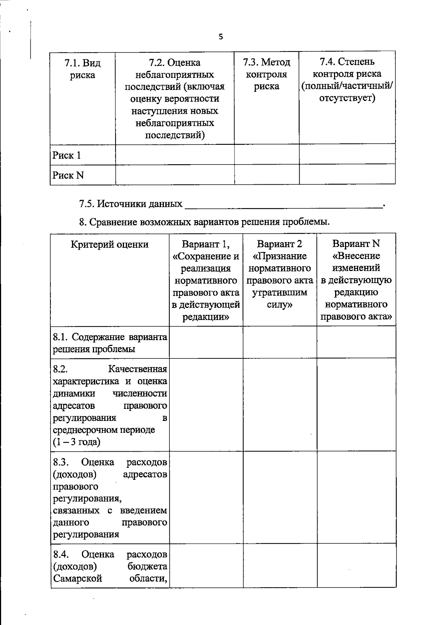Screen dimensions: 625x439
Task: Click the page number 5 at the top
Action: (221, 37)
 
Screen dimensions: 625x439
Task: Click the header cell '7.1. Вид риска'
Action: (82, 69)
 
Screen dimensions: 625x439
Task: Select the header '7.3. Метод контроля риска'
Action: (266, 74)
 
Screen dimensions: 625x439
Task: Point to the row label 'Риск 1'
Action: (67, 155)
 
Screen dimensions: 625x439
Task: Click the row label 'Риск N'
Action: (68, 176)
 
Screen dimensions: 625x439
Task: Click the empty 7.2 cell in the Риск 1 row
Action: (175, 155)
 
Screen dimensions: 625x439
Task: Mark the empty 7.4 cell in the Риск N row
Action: (347, 174)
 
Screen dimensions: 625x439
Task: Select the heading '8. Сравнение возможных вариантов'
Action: (205, 222)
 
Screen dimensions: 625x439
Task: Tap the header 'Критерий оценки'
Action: (110, 244)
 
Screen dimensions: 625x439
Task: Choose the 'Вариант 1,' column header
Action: (206, 244)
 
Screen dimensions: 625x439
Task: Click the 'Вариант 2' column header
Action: (279, 244)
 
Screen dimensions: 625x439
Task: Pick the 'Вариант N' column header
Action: (356, 244)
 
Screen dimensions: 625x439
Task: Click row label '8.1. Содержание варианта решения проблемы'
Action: (110, 343)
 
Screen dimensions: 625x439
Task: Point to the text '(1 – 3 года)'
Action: (76, 442)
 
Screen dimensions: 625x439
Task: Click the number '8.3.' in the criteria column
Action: (61, 463)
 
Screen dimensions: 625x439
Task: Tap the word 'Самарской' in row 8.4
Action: (77, 579)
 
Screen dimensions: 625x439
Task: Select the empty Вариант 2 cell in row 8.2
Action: (279, 404)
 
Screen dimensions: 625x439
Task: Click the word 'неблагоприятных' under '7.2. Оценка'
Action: (175, 75)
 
